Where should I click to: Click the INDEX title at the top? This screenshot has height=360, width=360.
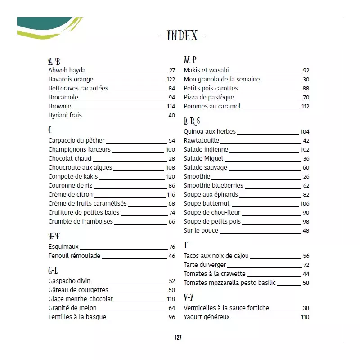click(182, 36)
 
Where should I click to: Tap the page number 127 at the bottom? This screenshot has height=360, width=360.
click(178, 338)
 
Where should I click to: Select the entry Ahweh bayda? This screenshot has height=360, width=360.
click(67, 71)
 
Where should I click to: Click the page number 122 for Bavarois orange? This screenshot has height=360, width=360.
click(171, 80)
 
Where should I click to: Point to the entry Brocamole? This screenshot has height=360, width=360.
click(63, 97)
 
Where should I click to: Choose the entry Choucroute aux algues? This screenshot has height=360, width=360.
click(80, 167)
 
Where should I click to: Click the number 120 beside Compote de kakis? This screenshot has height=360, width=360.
click(171, 177)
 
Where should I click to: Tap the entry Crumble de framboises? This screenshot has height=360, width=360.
click(81, 221)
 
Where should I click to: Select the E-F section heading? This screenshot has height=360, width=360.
click(54, 236)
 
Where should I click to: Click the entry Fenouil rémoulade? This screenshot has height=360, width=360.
click(74, 256)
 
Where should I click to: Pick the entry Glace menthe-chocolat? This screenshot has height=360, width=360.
click(81, 299)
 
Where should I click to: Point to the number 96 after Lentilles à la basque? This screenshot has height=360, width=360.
click(171, 317)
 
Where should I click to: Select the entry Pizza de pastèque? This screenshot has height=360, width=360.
click(209, 97)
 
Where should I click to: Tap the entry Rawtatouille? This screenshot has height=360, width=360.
click(201, 140)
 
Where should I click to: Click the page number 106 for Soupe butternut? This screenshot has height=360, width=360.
click(305, 203)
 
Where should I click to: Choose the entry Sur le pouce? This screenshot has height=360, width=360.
click(201, 230)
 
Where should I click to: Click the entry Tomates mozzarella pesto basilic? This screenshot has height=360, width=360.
click(229, 283)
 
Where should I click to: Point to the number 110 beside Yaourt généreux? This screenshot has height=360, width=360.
click(305, 317)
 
